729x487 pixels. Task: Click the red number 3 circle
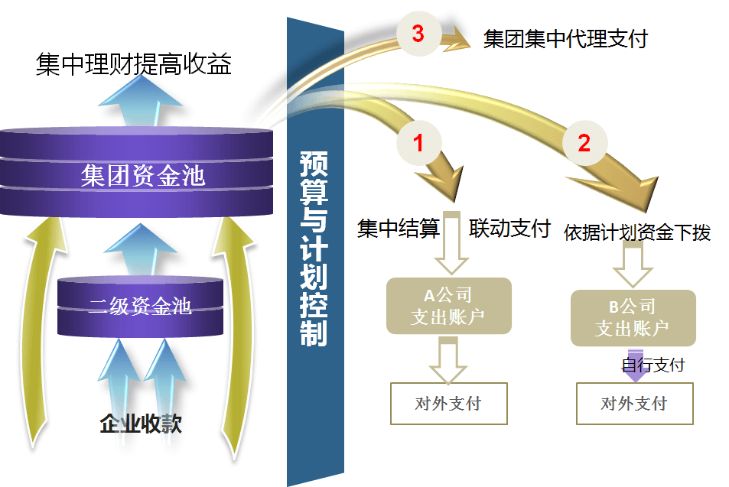418,34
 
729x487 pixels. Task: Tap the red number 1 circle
418,143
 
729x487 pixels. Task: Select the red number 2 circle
584,143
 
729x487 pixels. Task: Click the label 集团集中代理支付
565,38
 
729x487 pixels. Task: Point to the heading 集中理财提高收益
133,63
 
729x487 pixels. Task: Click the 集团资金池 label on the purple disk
143,176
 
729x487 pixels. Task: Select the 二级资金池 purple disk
140,307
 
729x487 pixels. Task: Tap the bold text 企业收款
141,424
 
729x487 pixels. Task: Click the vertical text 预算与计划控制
314,248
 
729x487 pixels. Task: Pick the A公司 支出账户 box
449,306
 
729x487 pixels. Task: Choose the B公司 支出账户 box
633,318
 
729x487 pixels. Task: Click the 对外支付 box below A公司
449,404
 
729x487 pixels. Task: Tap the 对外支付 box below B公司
635,404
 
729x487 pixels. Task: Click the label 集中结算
399,229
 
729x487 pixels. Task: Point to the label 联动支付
510,229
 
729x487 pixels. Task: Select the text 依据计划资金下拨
637,232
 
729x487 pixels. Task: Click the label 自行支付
653,365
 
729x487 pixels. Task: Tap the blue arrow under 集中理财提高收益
140,101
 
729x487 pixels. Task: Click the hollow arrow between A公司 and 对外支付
448,360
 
